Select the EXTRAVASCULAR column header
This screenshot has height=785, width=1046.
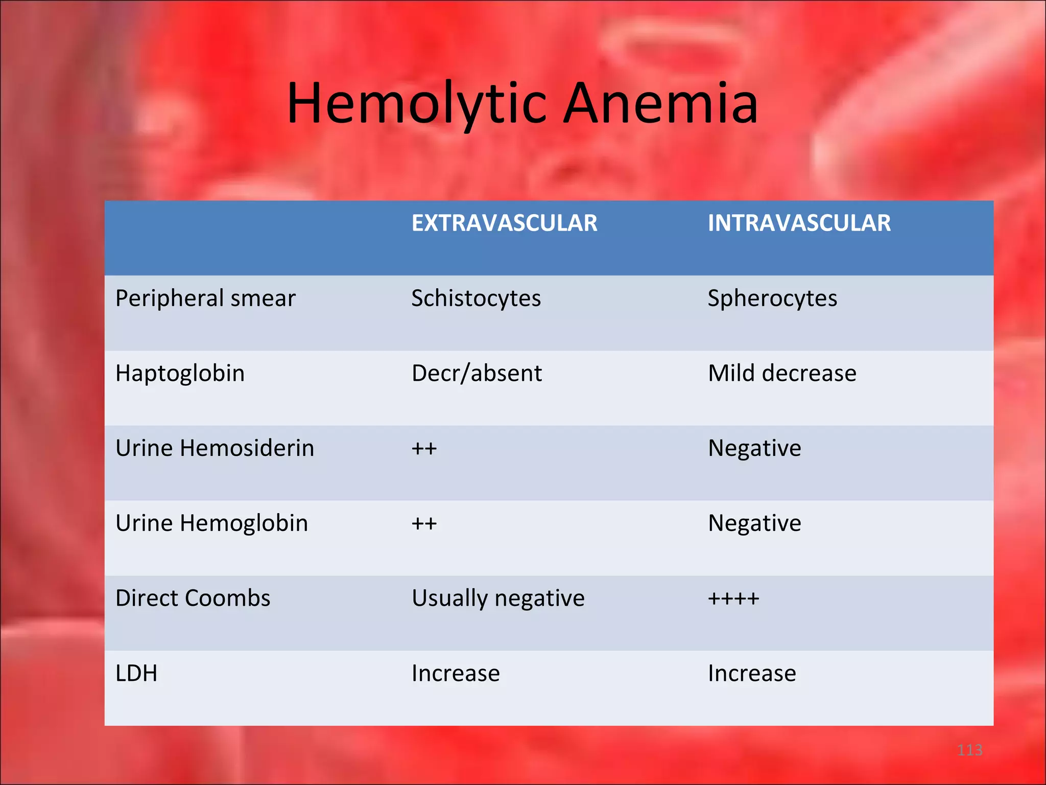pyautogui.click(x=504, y=223)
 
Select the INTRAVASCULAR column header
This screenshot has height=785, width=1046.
pyautogui.click(x=799, y=223)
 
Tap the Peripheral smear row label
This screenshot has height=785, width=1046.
pyautogui.click(x=205, y=298)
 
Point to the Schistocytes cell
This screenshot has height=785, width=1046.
pyautogui.click(x=476, y=298)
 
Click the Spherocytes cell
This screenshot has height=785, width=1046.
pyautogui.click(x=772, y=298)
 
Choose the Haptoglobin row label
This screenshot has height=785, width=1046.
pyautogui.click(x=180, y=374)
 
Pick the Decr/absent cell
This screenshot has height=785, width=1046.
pyautogui.click(x=477, y=374)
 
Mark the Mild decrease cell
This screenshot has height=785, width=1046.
pyautogui.click(x=782, y=374)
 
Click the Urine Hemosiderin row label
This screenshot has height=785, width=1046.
pyautogui.click(x=215, y=449)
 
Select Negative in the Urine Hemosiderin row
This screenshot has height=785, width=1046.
pyautogui.click(x=754, y=449)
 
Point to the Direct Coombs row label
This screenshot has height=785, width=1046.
pyautogui.click(x=193, y=598)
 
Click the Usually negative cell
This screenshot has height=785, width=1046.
pyautogui.click(x=498, y=598)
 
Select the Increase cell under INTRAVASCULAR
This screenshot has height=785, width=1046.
pyautogui.click(x=752, y=674)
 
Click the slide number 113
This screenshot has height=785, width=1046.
pyautogui.click(x=969, y=750)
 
